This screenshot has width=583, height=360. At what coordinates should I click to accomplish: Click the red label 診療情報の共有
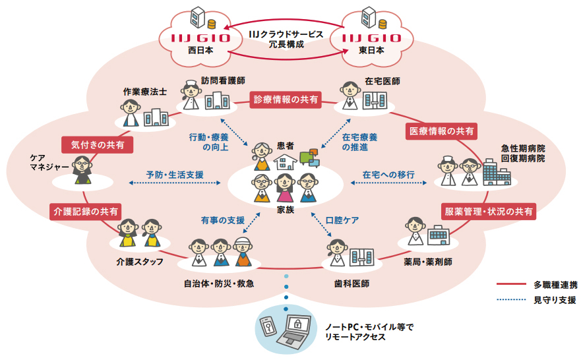pyautogui.click(x=286, y=100)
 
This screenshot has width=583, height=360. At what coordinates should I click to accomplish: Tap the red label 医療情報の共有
pyautogui.click(x=441, y=131)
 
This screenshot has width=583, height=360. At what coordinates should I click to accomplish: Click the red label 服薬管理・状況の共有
pyautogui.click(x=489, y=212)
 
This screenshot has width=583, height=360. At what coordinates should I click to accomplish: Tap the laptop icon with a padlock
pyautogui.click(x=297, y=330)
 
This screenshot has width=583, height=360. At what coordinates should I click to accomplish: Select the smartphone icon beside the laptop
pyautogui.click(x=268, y=327)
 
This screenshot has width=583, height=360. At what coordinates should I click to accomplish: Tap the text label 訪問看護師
pyautogui.click(x=224, y=80)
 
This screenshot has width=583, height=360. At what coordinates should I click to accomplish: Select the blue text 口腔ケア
pyautogui.click(x=343, y=220)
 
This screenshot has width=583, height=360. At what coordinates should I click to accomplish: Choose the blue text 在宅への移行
pyautogui.click(x=388, y=175)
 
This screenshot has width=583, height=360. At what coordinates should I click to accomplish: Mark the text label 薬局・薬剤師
pyautogui.click(x=427, y=262)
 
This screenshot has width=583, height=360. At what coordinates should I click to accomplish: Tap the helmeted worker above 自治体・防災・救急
pyautogui.click(x=243, y=249)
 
